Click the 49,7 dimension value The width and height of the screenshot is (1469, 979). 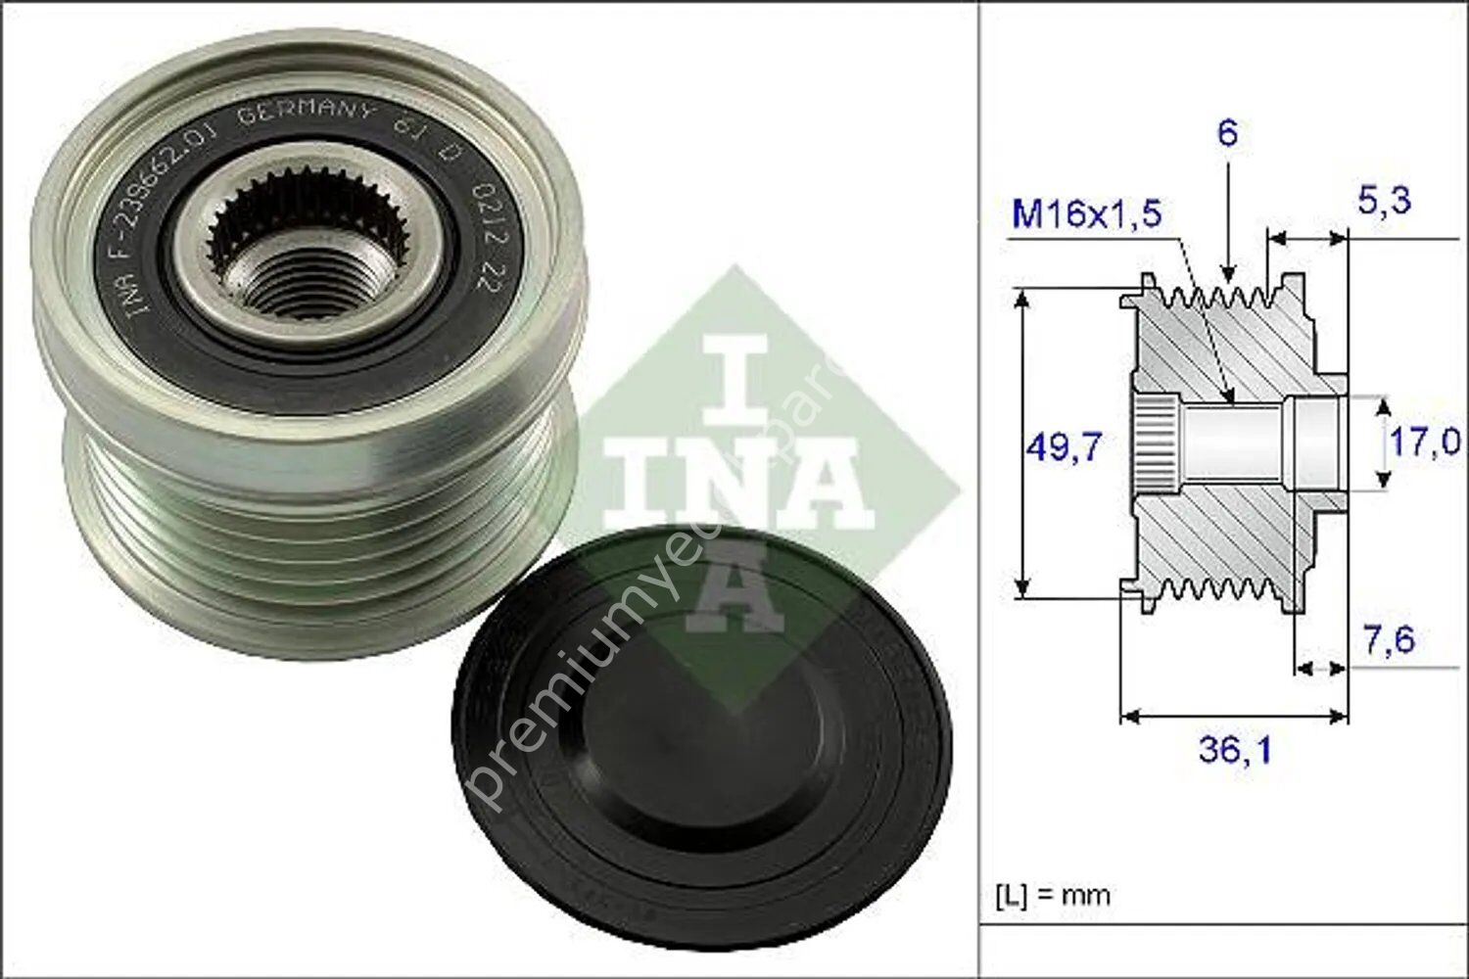click(1064, 446)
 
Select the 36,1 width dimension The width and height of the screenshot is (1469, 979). click(1235, 750)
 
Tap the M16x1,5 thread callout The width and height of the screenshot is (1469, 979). click(1086, 212)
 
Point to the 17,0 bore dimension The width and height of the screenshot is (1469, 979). click(1425, 442)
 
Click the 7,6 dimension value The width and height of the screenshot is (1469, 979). click(1389, 640)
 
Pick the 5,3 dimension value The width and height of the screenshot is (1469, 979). click(1384, 200)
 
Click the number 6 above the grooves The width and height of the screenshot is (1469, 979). click(1227, 132)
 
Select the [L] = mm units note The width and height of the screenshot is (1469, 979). click(1053, 894)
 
